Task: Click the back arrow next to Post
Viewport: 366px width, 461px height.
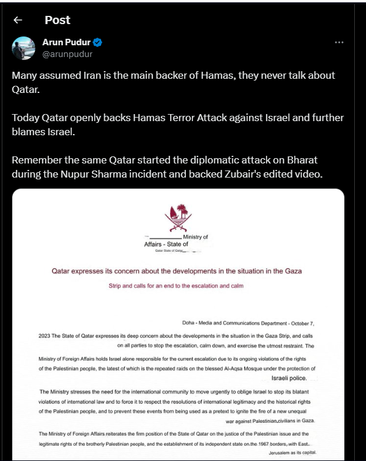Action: click(x=18, y=20)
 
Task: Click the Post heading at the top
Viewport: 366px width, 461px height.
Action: click(x=57, y=20)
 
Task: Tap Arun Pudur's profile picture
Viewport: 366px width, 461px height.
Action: click(x=24, y=48)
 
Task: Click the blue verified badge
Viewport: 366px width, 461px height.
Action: click(x=98, y=42)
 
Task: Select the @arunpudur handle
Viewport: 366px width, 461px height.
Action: click(x=67, y=54)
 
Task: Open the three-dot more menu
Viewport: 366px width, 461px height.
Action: click(x=339, y=43)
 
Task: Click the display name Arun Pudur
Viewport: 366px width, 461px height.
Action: click(x=66, y=42)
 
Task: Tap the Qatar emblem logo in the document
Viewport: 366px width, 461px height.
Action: click(x=178, y=217)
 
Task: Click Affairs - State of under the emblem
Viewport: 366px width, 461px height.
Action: click(x=167, y=243)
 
